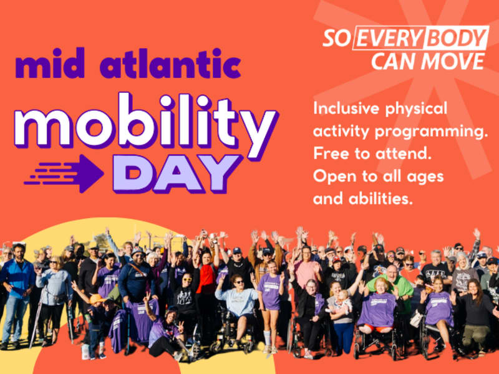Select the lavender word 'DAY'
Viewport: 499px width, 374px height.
177,173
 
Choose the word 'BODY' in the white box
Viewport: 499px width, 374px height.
457,38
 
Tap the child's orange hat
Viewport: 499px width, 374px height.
97,299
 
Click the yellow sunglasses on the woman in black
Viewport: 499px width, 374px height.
187,279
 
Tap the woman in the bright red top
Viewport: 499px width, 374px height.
206,277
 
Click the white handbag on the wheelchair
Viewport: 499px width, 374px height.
416,319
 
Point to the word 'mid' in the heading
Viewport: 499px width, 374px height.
51,64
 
